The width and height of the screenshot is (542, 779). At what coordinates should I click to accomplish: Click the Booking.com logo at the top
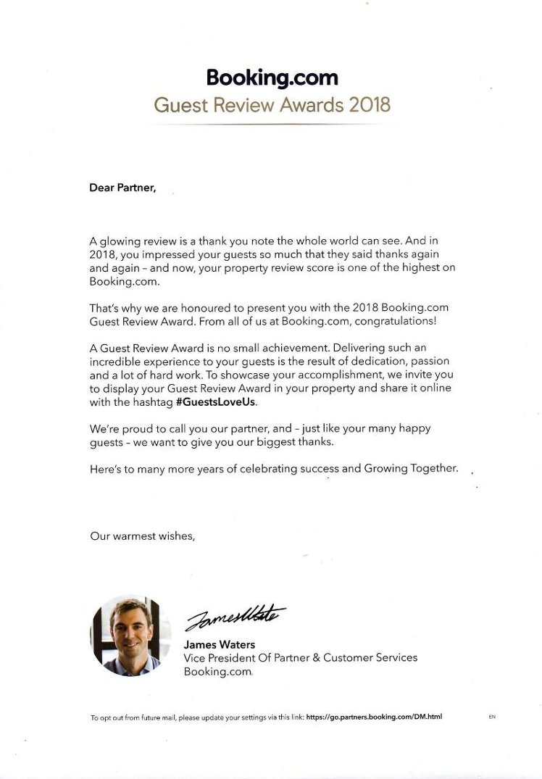coord(272,77)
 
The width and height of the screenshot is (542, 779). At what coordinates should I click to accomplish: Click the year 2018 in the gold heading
coord(367,104)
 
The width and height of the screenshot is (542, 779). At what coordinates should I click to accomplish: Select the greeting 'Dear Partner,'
coord(122,187)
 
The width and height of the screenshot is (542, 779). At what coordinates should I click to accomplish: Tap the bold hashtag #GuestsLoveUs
coord(217,401)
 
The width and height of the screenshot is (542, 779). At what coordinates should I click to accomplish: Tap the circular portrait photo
coord(130,636)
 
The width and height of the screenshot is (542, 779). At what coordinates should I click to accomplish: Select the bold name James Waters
coord(220,644)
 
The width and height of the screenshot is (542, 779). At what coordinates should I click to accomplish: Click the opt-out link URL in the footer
coord(379,717)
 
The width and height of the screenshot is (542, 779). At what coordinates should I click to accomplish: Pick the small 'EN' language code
coord(492,717)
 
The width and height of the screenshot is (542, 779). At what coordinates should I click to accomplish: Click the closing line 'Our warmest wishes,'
coord(143,536)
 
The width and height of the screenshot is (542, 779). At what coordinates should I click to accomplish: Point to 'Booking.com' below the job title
coord(217,671)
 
